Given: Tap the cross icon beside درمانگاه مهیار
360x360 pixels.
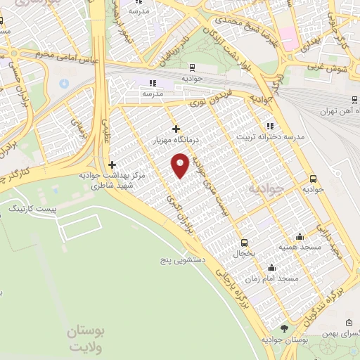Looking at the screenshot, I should (176, 129).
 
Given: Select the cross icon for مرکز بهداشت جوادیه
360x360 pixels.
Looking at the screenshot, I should (111, 164).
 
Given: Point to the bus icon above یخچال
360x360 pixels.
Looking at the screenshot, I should (244, 241).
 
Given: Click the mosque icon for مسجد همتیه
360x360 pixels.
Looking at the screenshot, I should (300, 236).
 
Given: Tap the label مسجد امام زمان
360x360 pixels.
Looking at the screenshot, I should (277, 278).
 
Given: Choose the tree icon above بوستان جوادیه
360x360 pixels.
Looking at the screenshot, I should (285, 329).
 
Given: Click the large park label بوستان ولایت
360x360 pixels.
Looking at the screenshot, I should (85, 337).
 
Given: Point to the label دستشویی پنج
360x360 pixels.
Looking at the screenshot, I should (179, 259).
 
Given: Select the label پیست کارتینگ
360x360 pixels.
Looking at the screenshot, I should (31, 210).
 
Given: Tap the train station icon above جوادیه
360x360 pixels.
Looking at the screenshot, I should (192, 68).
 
